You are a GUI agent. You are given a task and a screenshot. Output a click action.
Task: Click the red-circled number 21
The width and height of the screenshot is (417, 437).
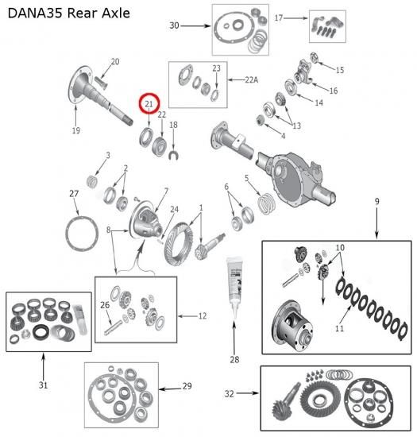(x=149, y=104)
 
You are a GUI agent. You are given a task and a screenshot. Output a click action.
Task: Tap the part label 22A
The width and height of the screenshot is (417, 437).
(x=252, y=80)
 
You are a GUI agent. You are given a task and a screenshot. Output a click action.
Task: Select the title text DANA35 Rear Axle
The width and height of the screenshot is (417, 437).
(x=69, y=13)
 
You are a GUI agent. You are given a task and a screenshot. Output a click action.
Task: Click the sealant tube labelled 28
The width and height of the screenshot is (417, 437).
(x=234, y=287)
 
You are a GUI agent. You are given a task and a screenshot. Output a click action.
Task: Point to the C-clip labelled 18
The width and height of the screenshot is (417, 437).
(x=173, y=155)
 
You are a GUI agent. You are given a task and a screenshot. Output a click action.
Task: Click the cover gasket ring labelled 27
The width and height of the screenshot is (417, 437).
(x=82, y=234)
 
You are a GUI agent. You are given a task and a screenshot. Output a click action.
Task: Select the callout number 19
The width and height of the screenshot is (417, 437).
(x=76, y=130)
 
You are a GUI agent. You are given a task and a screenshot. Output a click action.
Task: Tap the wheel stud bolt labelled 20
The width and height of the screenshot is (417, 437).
(x=101, y=83)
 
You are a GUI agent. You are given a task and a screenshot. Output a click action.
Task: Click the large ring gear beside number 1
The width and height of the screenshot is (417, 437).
(x=178, y=243)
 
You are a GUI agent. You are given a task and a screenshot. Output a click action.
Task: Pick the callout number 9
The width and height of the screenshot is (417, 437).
(x=376, y=201)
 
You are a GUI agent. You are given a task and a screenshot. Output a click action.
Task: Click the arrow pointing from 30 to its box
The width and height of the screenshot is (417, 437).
(x=195, y=26)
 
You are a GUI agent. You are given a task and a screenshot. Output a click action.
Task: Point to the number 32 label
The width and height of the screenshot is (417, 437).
(x=229, y=393)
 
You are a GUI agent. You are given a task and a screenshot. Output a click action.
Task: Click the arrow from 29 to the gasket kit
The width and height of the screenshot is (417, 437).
(x=170, y=389)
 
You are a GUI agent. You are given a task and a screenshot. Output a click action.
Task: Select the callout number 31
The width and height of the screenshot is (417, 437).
(x=43, y=385)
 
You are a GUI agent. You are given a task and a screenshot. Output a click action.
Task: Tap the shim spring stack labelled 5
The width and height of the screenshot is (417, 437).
(x=267, y=204)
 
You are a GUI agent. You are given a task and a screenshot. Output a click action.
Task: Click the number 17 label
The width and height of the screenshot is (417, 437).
(x=279, y=17)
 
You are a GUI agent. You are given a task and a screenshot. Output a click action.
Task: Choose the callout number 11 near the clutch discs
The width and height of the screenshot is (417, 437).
(x=339, y=328)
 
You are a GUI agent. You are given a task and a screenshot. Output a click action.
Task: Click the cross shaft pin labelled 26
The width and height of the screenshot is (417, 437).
(x=113, y=327)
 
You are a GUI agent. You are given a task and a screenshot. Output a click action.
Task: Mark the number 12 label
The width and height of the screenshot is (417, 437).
(x=203, y=315)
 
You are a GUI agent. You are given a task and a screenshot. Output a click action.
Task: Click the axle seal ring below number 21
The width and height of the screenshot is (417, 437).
(x=146, y=137)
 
